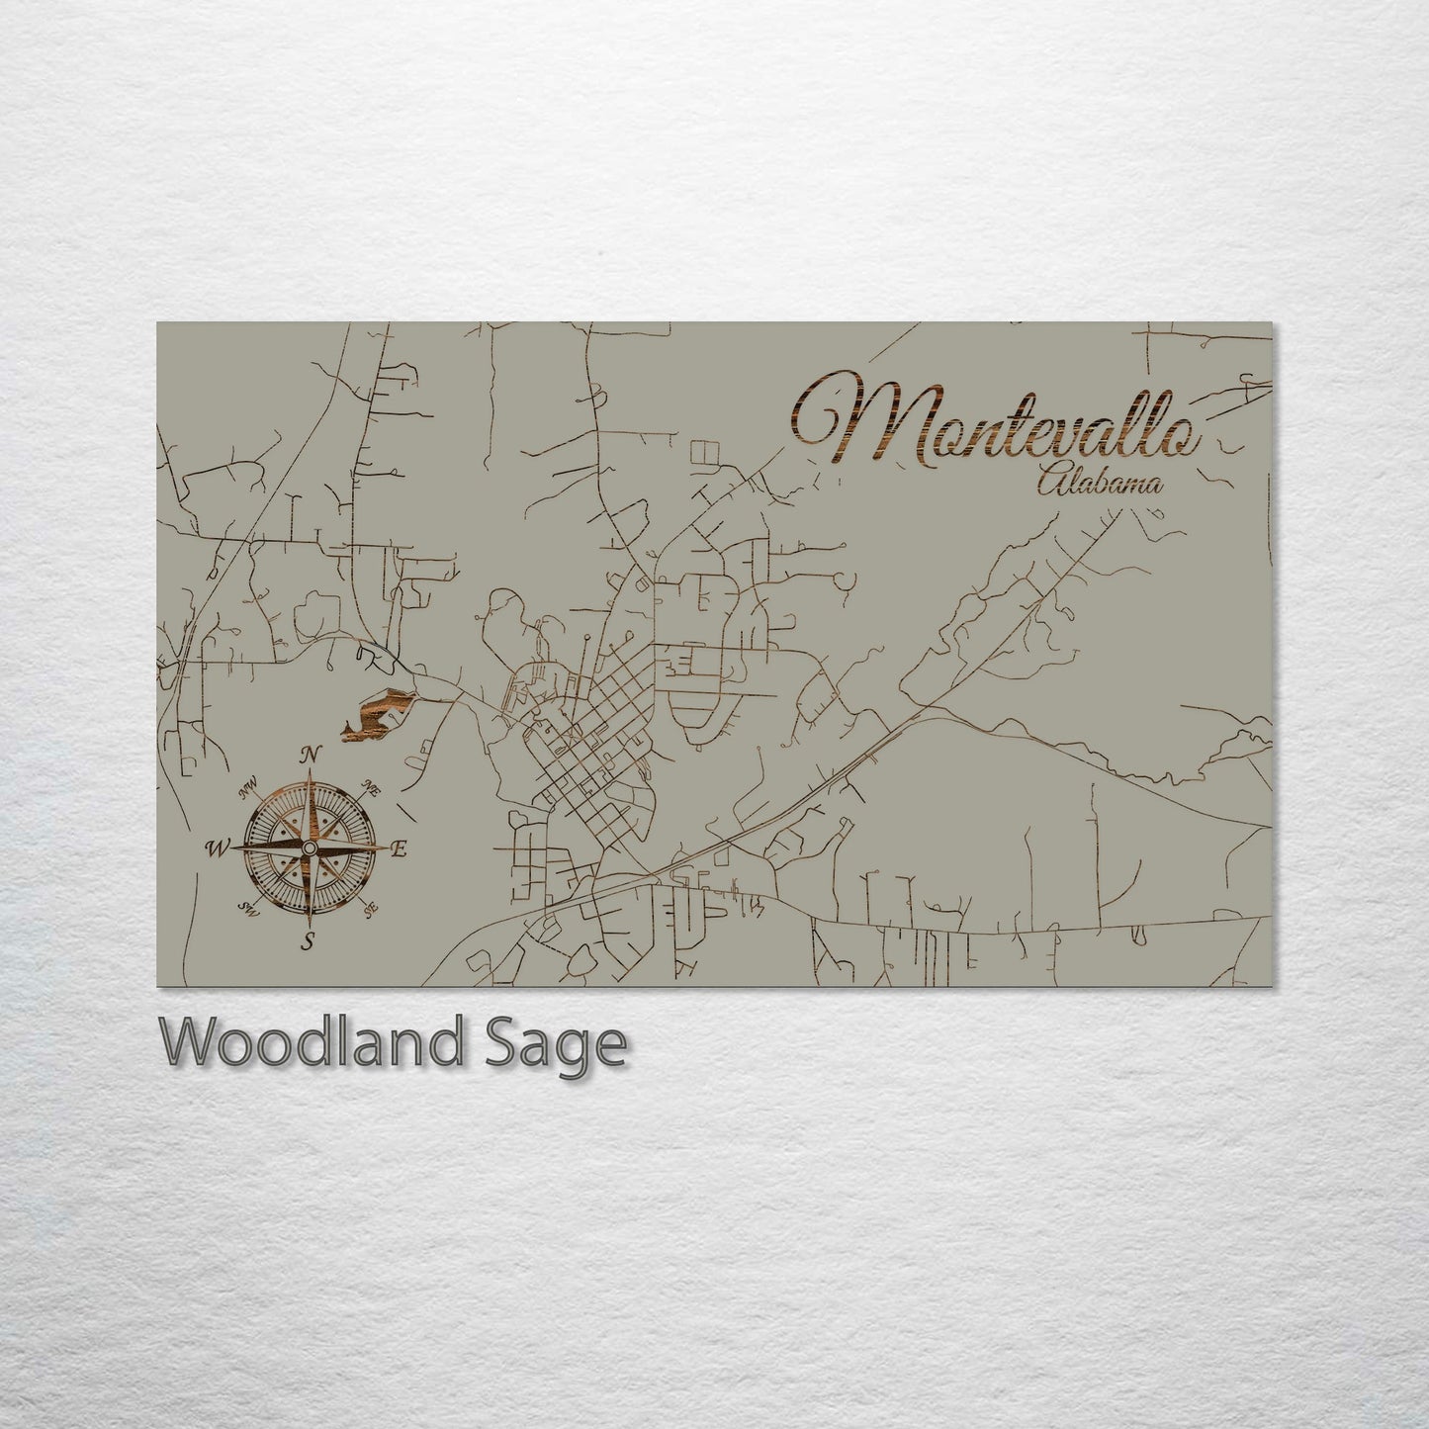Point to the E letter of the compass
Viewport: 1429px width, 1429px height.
(400, 848)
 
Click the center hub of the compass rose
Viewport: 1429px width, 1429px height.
(310, 848)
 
